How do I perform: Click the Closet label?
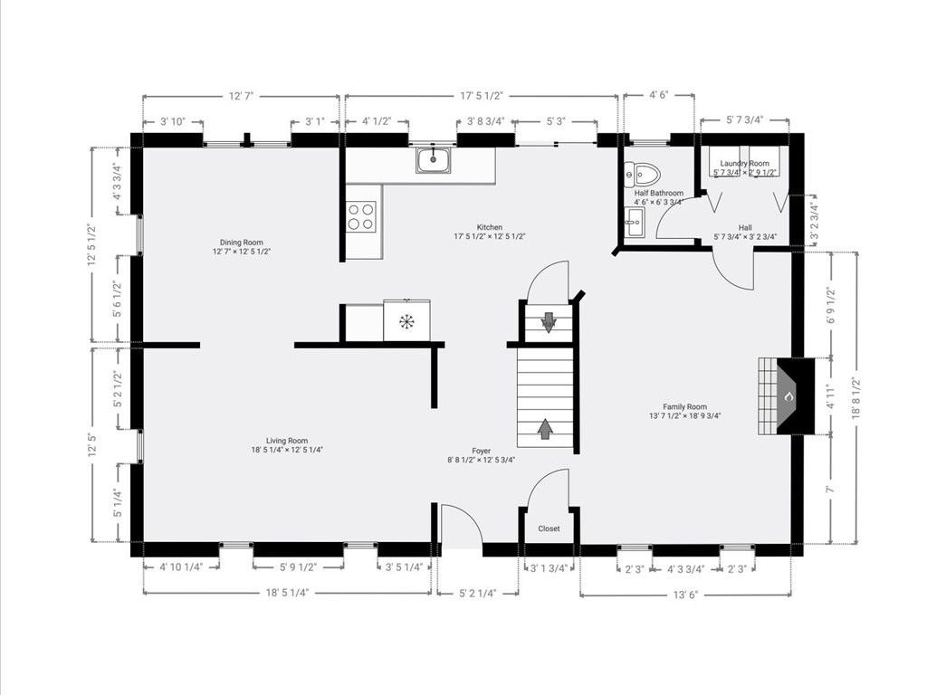pos(549,528)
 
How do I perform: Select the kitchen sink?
pos(434,161)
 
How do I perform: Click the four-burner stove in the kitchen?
pos(361,216)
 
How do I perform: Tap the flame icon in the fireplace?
pos(788,396)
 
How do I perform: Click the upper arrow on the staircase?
pos(549,322)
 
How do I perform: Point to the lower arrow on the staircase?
pos(545,428)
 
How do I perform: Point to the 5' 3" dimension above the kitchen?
pos(556,121)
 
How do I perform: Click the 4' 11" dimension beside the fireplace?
pos(829,396)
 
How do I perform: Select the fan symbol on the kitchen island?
pos(406,321)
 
